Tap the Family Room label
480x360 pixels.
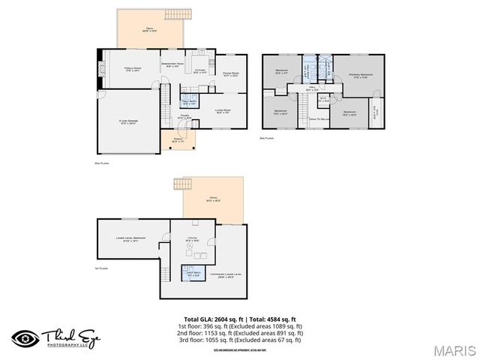133,69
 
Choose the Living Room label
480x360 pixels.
223,111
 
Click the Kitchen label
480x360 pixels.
200,71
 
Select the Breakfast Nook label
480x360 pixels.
173,65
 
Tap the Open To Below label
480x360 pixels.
320,118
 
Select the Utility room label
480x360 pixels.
191,239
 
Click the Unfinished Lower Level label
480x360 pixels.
225,276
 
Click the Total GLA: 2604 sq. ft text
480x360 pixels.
214,319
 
